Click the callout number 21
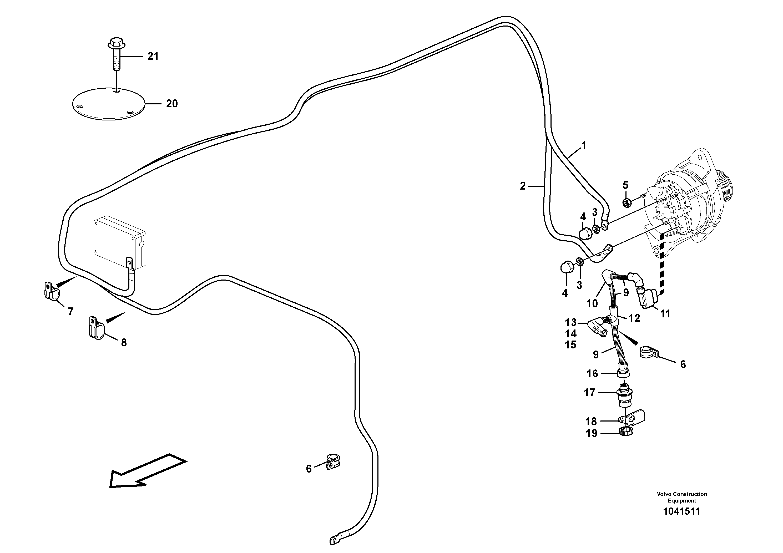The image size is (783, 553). tap(153, 56)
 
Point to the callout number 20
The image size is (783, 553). tap(172, 104)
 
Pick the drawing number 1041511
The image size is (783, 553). tap(682, 521)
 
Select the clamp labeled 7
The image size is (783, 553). tap(51, 290)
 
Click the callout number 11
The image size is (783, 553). tap(665, 314)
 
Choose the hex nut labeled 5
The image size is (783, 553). tap(626, 203)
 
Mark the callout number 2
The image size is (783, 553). tap(523, 186)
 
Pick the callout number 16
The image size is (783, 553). tap(592, 374)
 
